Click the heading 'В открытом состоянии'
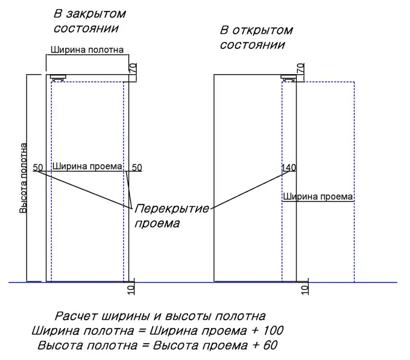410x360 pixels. coord(256,37)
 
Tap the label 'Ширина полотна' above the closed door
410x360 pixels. coord(87,50)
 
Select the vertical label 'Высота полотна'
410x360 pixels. coord(24,177)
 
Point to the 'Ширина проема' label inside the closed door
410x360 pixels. coord(87,166)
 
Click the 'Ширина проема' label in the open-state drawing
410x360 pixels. coord(318,197)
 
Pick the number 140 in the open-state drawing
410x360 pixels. coord(289,167)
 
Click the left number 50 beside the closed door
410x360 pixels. coord(38,167)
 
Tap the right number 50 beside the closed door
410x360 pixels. coord(137,167)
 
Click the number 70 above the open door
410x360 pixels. coord(303,68)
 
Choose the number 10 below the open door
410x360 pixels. coord(304,289)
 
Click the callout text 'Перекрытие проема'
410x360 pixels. coord(171,216)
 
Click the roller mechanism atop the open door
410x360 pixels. coord(289,77)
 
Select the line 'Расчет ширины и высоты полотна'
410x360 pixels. coord(160,316)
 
